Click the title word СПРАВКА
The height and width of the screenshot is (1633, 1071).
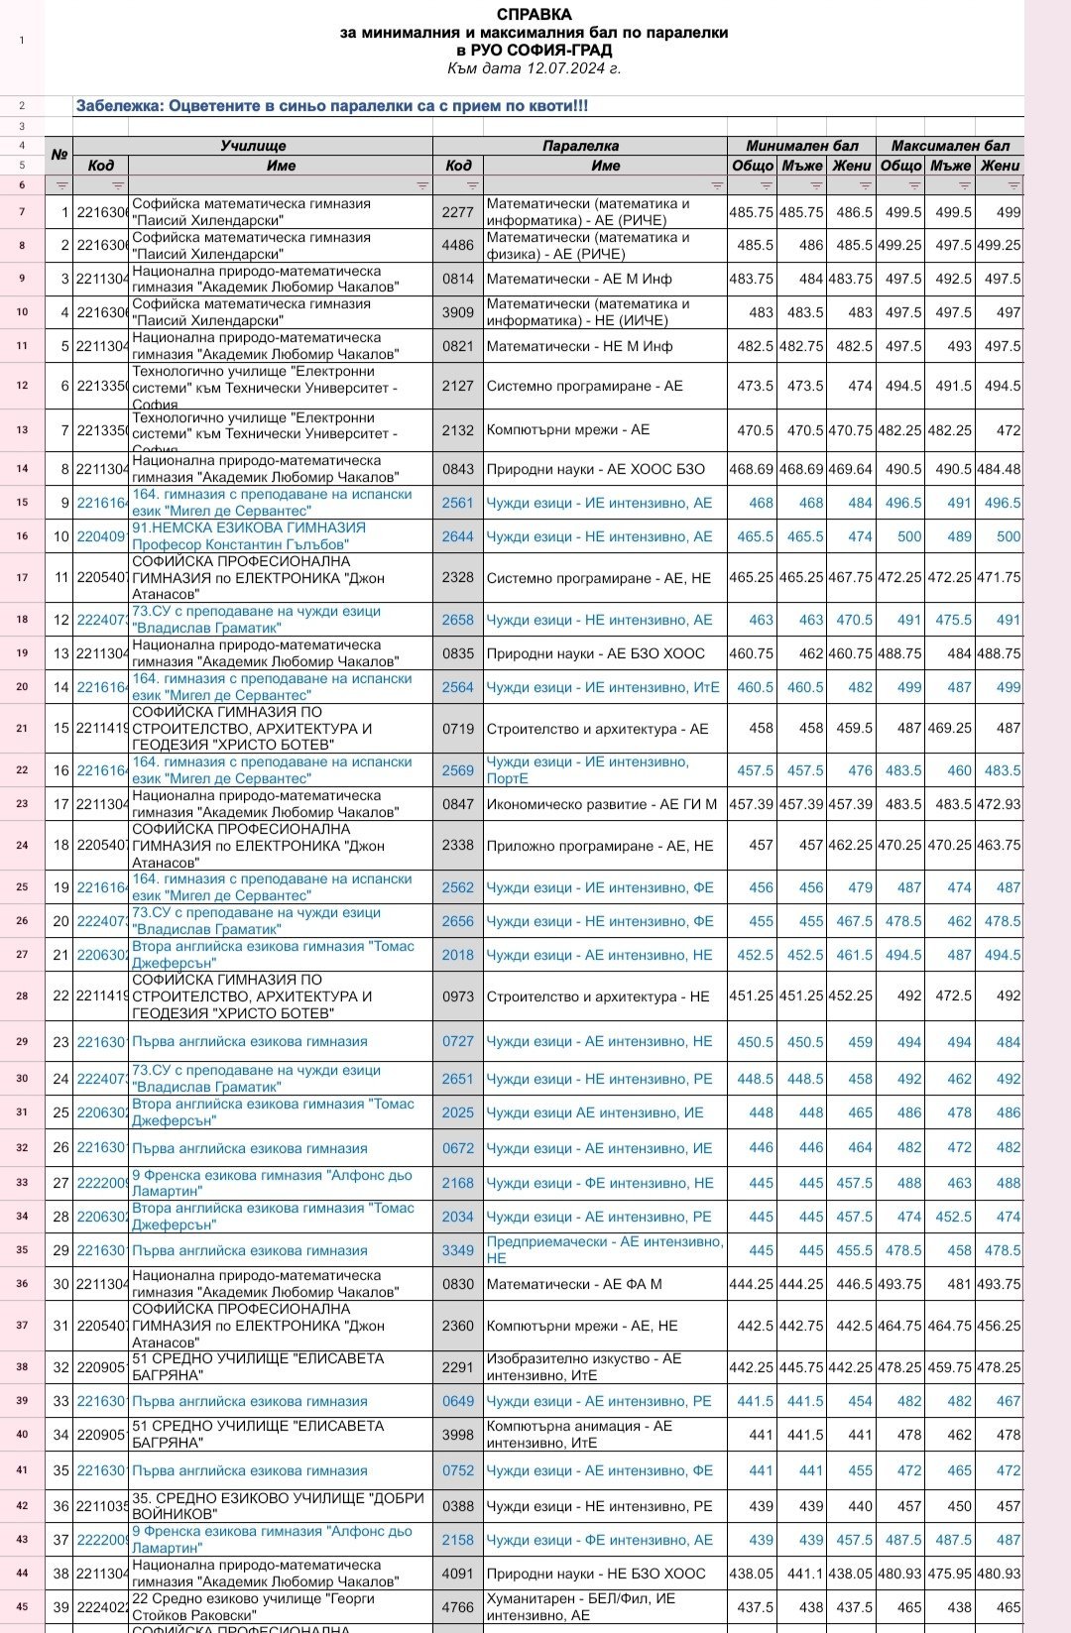pos(534,15)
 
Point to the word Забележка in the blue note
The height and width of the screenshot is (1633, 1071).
pos(115,106)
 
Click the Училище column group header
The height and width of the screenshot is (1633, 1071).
pos(253,146)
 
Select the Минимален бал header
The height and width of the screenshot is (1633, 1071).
pos(802,146)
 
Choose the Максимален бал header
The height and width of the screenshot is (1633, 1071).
pos(950,146)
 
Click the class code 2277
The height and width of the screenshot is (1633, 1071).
pos(458,212)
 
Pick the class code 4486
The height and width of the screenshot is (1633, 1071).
pos(458,245)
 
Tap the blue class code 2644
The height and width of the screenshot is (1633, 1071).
pos(458,536)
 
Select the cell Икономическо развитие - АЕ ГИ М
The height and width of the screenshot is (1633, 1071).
pos(602,804)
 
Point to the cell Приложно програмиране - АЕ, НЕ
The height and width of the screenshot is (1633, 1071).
pos(600,846)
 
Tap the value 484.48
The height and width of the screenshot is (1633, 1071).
pos(1000,469)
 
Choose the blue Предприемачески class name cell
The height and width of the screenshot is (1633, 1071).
pos(605,1250)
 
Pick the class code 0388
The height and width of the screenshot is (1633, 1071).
pos(458,1506)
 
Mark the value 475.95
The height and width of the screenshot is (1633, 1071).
pos(950,1574)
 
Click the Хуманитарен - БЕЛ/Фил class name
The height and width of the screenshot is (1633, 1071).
pos(581,1607)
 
